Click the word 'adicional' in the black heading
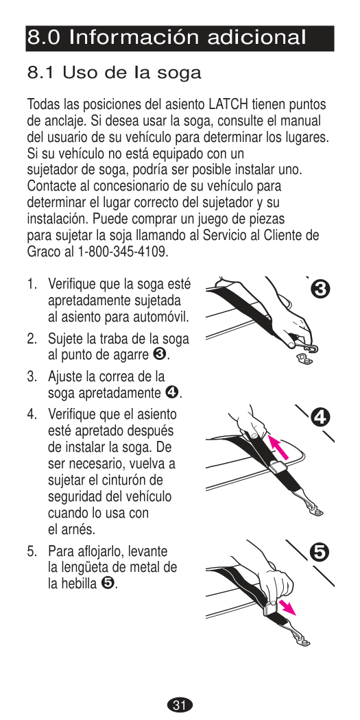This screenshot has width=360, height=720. coord(256,37)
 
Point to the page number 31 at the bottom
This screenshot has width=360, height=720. coord(180,705)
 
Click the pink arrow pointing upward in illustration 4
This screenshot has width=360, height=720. coord(278,447)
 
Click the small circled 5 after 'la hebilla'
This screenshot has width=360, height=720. coord(106,583)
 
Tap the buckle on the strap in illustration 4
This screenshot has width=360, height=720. coord(279,468)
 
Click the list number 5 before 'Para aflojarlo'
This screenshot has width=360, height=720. coord(30,551)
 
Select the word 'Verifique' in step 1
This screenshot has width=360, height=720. coord(71,285)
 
